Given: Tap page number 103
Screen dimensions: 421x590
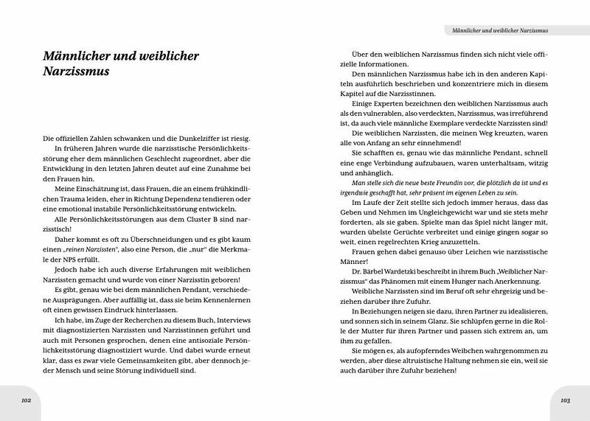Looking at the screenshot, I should tap(564, 401).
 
